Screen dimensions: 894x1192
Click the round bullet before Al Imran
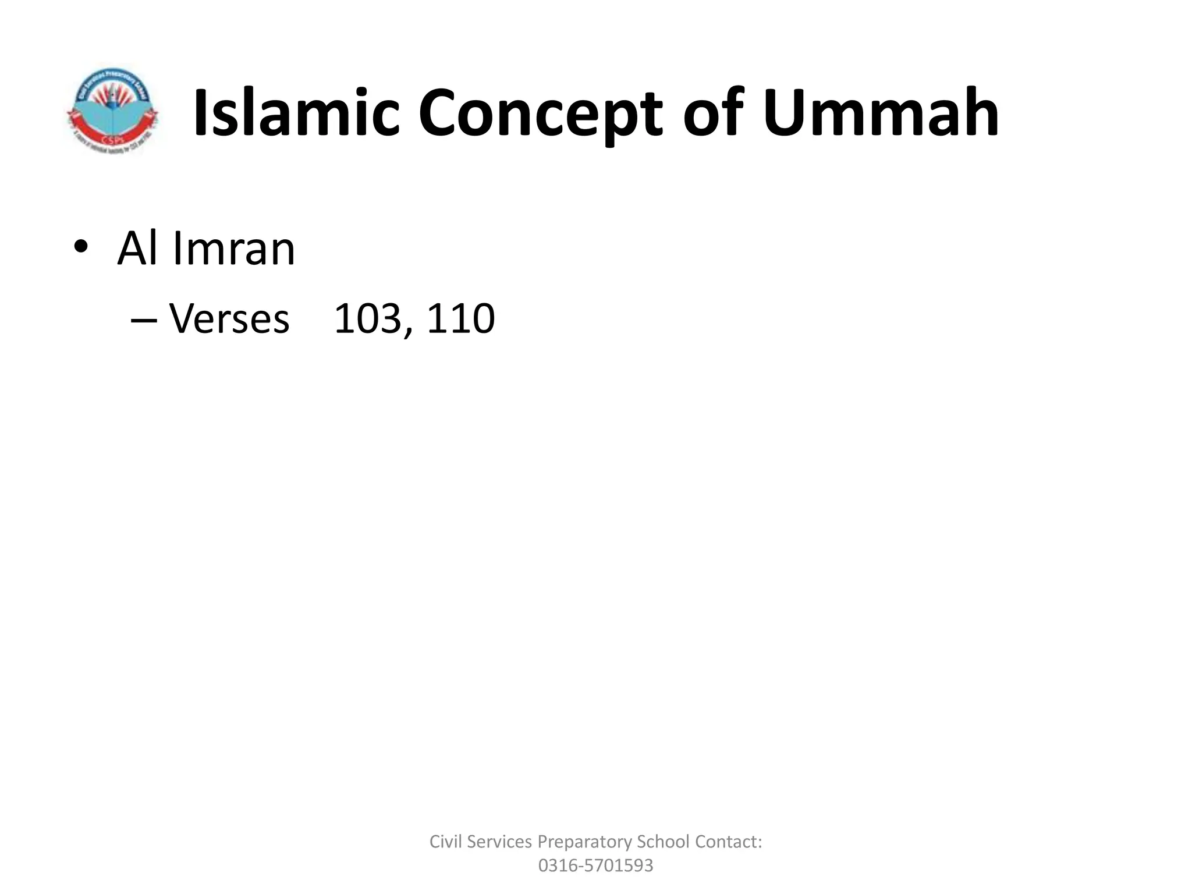[x=81, y=247]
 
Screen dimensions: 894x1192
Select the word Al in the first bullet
[x=140, y=249]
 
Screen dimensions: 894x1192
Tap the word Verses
[x=229, y=320]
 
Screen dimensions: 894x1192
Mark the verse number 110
[x=460, y=320]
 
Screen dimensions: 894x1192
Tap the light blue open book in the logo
[x=113, y=119]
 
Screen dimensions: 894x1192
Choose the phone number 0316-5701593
[x=595, y=865]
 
